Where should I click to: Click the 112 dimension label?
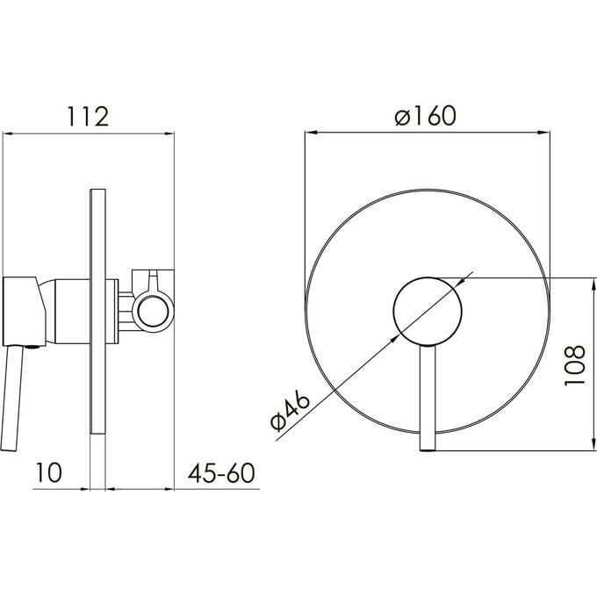pos(88,116)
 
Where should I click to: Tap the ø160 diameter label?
pos(425,115)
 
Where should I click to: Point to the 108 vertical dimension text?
pos(574,365)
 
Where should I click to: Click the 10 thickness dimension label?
pos(48,472)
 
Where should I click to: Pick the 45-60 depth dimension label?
pos(221,473)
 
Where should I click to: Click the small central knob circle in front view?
pos(428,312)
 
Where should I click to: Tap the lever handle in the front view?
pos(428,399)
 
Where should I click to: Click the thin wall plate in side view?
pos(97,311)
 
